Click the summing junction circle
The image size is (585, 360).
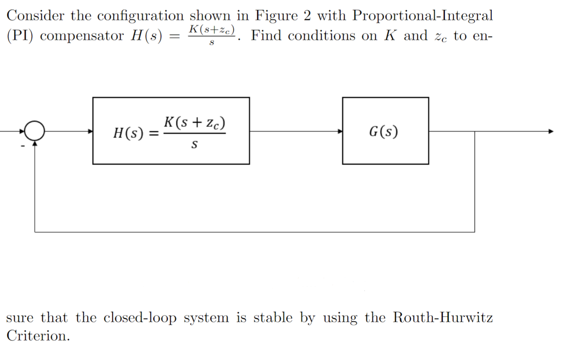coord(35,131)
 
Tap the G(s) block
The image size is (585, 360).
coord(385,131)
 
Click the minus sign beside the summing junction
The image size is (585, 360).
coord(23,145)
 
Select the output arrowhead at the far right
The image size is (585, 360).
coord(550,131)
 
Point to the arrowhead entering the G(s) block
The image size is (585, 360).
coord(340,131)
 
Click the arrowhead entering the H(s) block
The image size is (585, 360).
coord(90,131)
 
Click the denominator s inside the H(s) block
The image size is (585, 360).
coord(194,144)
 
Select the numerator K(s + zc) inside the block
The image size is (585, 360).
coord(194,122)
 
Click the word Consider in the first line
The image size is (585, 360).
coord(35,15)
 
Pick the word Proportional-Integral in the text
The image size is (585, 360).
coord(422,15)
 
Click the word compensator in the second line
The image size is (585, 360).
coord(81,36)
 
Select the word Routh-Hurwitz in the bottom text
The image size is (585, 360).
coord(443,317)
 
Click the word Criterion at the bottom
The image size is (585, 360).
coord(38,336)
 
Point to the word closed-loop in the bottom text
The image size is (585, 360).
coord(140,317)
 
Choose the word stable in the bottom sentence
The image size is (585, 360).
coord(272,317)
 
